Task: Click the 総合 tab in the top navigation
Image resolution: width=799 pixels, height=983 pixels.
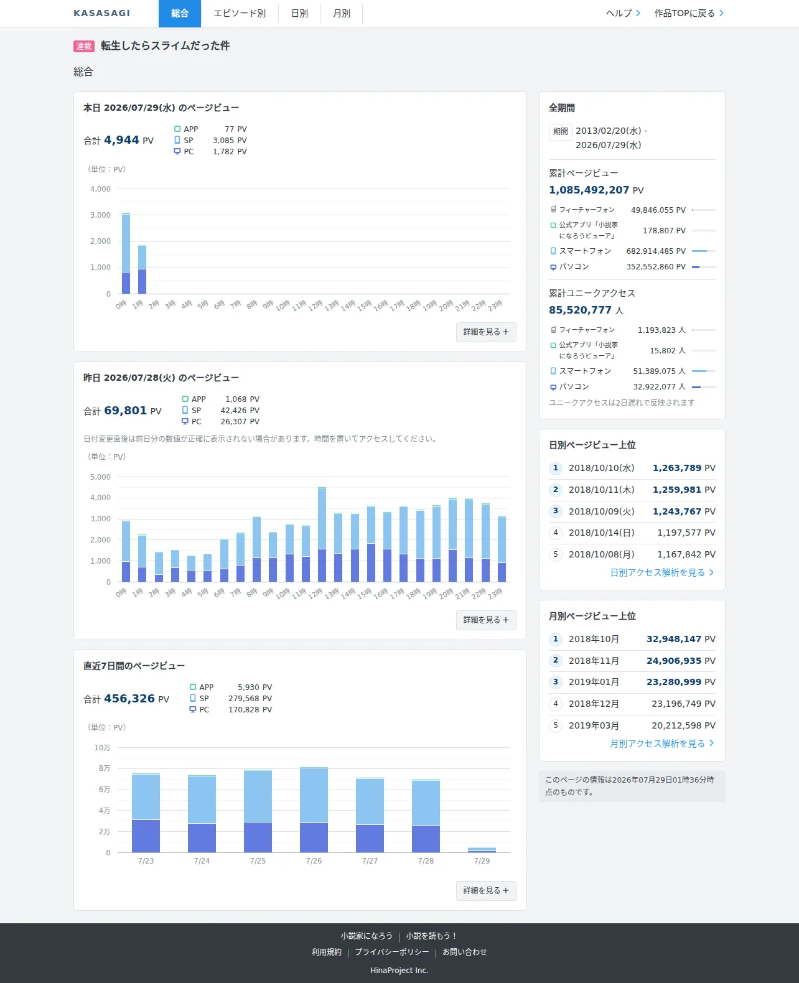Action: (x=180, y=14)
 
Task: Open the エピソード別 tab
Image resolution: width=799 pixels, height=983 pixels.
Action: (x=240, y=14)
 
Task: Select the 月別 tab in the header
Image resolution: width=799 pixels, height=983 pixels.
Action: (x=342, y=14)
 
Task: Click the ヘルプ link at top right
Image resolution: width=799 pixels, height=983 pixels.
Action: (x=623, y=14)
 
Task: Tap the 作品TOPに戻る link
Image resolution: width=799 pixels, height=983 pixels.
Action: (x=689, y=14)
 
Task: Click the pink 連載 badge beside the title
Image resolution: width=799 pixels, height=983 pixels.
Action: (x=84, y=46)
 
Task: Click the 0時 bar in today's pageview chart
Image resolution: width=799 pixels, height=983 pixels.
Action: (x=126, y=253)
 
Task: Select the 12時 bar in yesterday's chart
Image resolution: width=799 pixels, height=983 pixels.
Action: (x=322, y=534)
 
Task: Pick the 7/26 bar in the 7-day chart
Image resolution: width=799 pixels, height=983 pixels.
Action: (x=314, y=810)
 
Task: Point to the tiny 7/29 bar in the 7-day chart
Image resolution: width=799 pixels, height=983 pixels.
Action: (x=482, y=850)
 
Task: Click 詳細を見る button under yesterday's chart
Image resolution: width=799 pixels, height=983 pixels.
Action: (x=486, y=620)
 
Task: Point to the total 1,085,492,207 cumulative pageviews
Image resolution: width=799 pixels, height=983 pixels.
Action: (x=589, y=190)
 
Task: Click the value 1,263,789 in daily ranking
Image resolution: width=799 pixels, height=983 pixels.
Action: (x=677, y=468)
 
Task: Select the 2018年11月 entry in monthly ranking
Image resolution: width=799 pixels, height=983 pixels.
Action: (x=594, y=661)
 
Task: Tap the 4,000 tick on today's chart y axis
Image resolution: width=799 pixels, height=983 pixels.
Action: (x=101, y=189)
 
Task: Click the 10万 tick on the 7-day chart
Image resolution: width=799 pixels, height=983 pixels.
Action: (x=102, y=748)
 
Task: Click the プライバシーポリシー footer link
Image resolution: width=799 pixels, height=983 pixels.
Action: (x=392, y=952)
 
